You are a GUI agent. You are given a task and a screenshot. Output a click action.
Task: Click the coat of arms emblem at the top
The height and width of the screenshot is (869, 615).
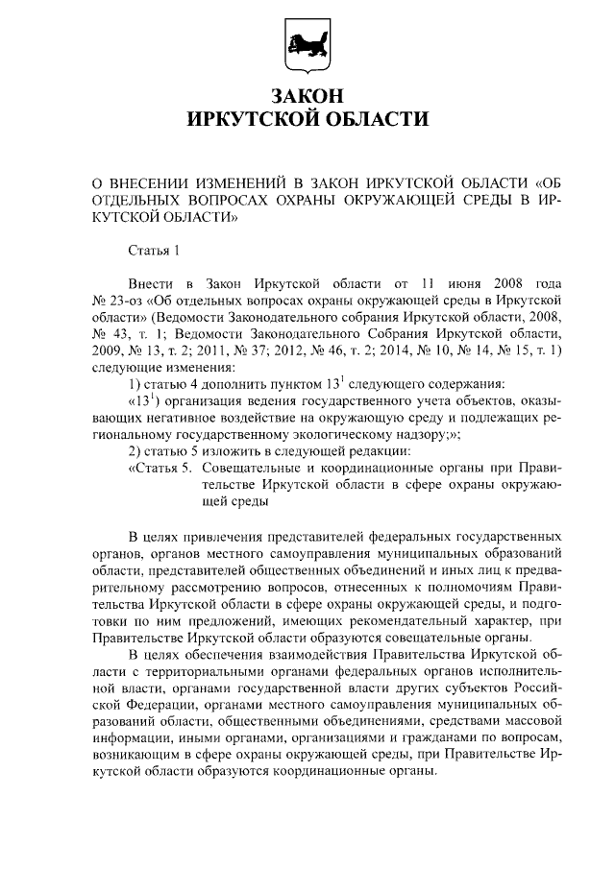[307, 44]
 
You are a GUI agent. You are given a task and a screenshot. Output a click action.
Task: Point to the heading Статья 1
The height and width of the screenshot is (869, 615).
[154, 251]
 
